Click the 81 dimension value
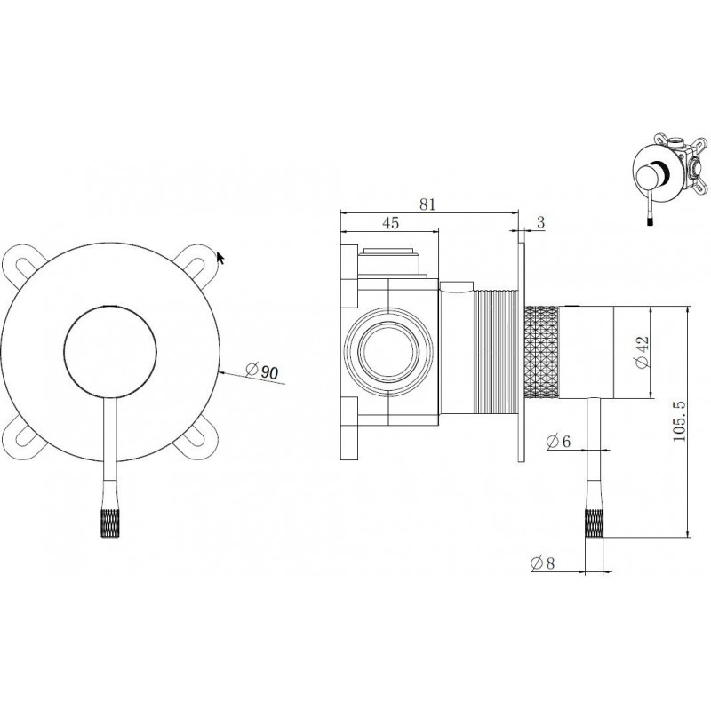[x=427, y=204]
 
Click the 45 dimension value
[x=390, y=223]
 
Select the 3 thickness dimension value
[x=540, y=223]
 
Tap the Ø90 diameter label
[x=261, y=371]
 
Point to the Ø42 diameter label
[x=642, y=352]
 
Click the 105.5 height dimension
[x=679, y=421]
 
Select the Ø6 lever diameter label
[x=558, y=441]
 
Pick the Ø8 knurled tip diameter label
[x=542, y=563]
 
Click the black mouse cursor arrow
[x=220, y=258]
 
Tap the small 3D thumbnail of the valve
[x=669, y=177]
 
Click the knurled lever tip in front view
[x=111, y=523]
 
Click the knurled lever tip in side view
[x=594, y=523]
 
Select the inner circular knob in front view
[x=110, y=351]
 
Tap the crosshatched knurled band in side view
[x=542, y=352]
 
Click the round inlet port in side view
[x=388, y=351]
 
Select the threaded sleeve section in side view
[x=495, y=352]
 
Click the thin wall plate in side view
[x=522, y=351]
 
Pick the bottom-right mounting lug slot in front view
[x=197, y=438]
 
